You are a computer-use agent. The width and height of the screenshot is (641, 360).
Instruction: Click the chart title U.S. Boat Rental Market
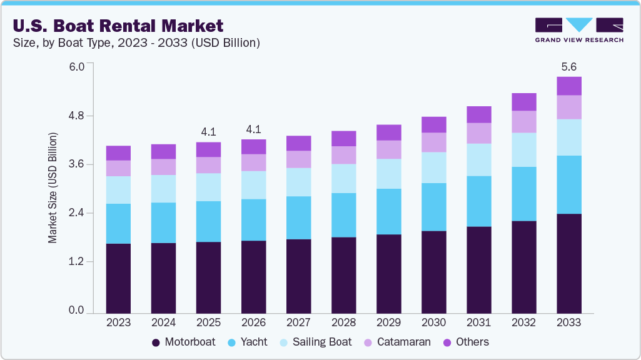[118, 26]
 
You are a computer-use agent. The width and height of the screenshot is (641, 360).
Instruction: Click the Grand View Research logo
[578, 30]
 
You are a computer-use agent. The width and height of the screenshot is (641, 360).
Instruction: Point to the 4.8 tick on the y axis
[76, 116]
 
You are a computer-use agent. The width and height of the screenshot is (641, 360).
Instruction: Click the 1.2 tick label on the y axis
[76, 262]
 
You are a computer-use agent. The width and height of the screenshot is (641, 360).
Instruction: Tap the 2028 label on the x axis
[343, 322]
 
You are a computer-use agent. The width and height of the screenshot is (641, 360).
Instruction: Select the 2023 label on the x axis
[118, 322]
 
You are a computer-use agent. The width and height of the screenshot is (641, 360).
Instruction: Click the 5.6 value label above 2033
[568, 66]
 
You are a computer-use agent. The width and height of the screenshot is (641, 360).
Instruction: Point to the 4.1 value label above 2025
[208, 131]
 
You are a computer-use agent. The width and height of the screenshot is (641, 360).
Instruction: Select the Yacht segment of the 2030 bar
[433, 207]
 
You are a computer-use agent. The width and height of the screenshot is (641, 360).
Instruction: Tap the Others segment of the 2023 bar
[118, 153]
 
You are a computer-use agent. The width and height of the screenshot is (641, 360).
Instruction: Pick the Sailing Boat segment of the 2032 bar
[523, 149]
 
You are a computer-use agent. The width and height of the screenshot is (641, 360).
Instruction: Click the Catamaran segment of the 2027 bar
[298, 159]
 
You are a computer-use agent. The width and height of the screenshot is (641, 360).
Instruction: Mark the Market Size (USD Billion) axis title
[53, 187]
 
